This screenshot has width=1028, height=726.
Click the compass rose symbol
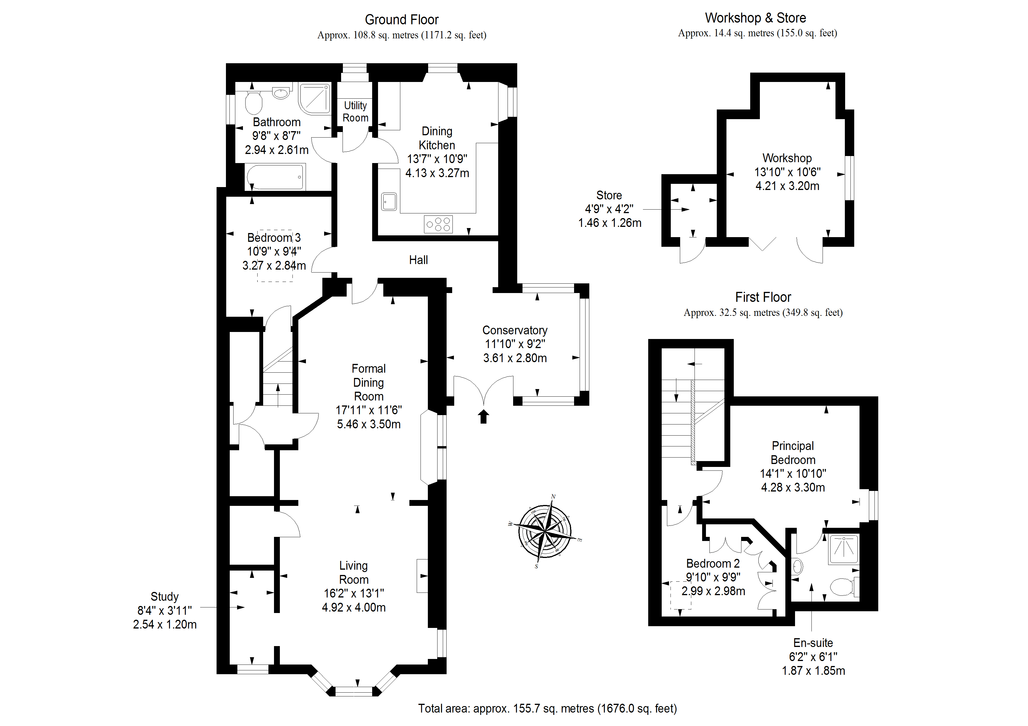pyautogui.click(x=545, y=531)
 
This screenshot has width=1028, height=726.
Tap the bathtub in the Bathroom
pyautogui.click(x=275, y=177)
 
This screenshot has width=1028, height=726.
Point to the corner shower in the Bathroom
pyautogui.click(x=314, y=98)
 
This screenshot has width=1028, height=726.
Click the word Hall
pyautogui.click(x=418, y=260)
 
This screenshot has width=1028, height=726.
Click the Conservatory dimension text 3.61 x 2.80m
pyautogui.click(x=515, y=358)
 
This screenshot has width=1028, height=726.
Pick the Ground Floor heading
pyautogui.click(x=402, y=20)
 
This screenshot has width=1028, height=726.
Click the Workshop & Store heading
pyautogui.click(x=755, y=18)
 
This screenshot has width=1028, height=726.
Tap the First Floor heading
pyautogui.click(x=763, y=297)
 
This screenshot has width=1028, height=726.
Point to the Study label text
pyautogui.click(x=165, y=597)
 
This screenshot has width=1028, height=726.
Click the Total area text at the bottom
pyautogui.click(x=547, y=708)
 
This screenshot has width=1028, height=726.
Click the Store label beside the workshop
pyautogui.click(x=609, y=196)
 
